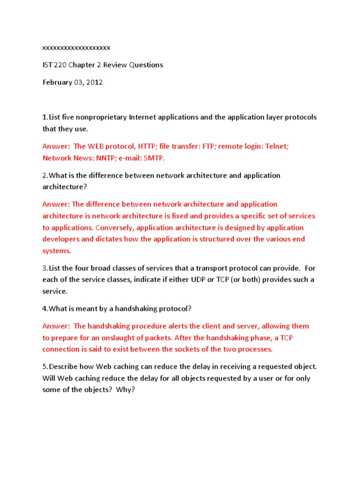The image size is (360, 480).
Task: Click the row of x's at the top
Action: (76, 48)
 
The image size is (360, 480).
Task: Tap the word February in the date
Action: (58, 82)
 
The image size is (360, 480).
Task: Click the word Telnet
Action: (277, 146)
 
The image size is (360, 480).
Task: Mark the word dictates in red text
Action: (120, 239)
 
